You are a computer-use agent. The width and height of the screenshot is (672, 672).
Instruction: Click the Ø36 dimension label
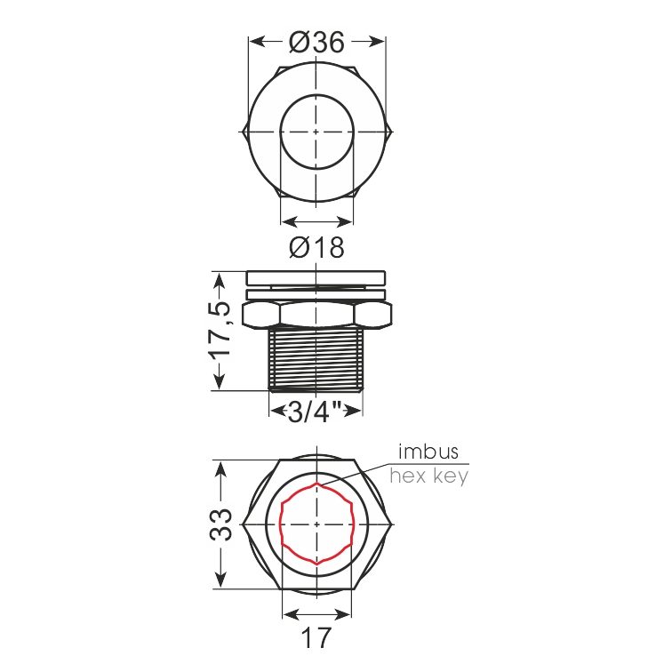[316, 43]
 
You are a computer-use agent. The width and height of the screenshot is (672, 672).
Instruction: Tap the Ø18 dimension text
[316, 247]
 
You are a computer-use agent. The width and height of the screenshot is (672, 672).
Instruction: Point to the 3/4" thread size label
[314, 412]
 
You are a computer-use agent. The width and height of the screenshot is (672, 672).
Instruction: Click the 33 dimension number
[220, 524]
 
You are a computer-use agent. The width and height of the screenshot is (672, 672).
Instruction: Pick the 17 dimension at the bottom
[316, 637]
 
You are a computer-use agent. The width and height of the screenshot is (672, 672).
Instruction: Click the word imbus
[428, 452]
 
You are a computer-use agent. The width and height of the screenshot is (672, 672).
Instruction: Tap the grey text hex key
[429, 476]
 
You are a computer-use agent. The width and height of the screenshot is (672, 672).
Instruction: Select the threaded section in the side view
[316, 359]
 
